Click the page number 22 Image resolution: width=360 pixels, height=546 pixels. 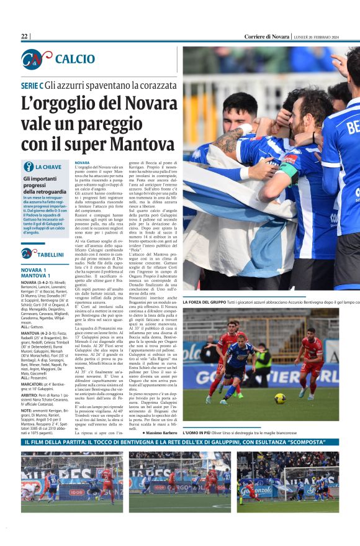(24, 37)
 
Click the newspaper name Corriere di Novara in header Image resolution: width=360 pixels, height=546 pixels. (267, 37)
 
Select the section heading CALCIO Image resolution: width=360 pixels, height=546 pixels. (74, 59)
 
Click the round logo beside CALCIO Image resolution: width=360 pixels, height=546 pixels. (35, 59)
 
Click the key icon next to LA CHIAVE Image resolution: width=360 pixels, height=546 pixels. (29, 166)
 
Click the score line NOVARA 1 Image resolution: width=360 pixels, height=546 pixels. (34, 270)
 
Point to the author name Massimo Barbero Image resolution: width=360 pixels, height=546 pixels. (162, 432)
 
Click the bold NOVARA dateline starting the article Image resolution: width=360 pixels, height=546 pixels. (82, 163)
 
